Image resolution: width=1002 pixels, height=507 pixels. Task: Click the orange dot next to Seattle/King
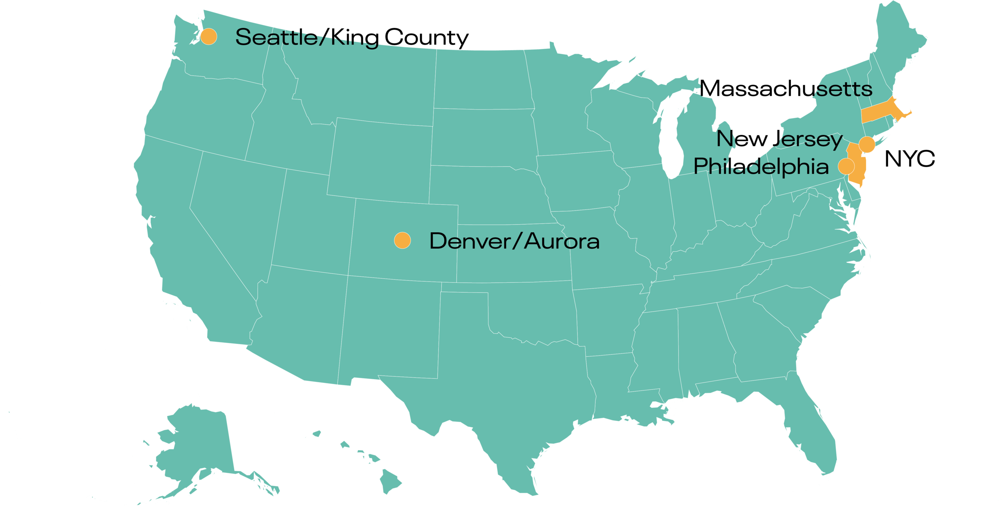click(x=208, y=36)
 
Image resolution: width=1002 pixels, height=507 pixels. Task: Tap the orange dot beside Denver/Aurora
click(x=402, y=240)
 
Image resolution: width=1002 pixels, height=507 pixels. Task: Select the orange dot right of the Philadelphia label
click(x=846, y=166)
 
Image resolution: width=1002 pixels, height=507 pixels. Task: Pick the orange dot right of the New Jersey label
click(x=867, y=144)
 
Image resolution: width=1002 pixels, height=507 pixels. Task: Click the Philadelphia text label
click(x=761, y=167)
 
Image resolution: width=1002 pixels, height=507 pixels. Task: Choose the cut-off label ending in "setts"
click(x=844, y=89)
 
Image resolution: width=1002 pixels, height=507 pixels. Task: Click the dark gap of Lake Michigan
click(x=669, y=136)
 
